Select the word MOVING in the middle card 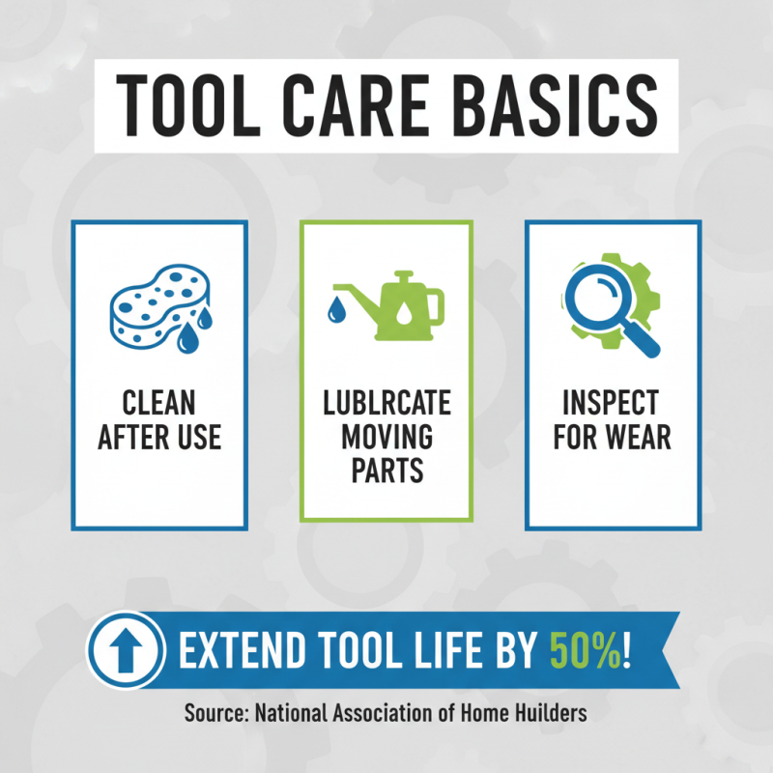tap(386, 437)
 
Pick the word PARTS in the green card tap(386, 472)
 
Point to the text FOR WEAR tap(613, 437)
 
